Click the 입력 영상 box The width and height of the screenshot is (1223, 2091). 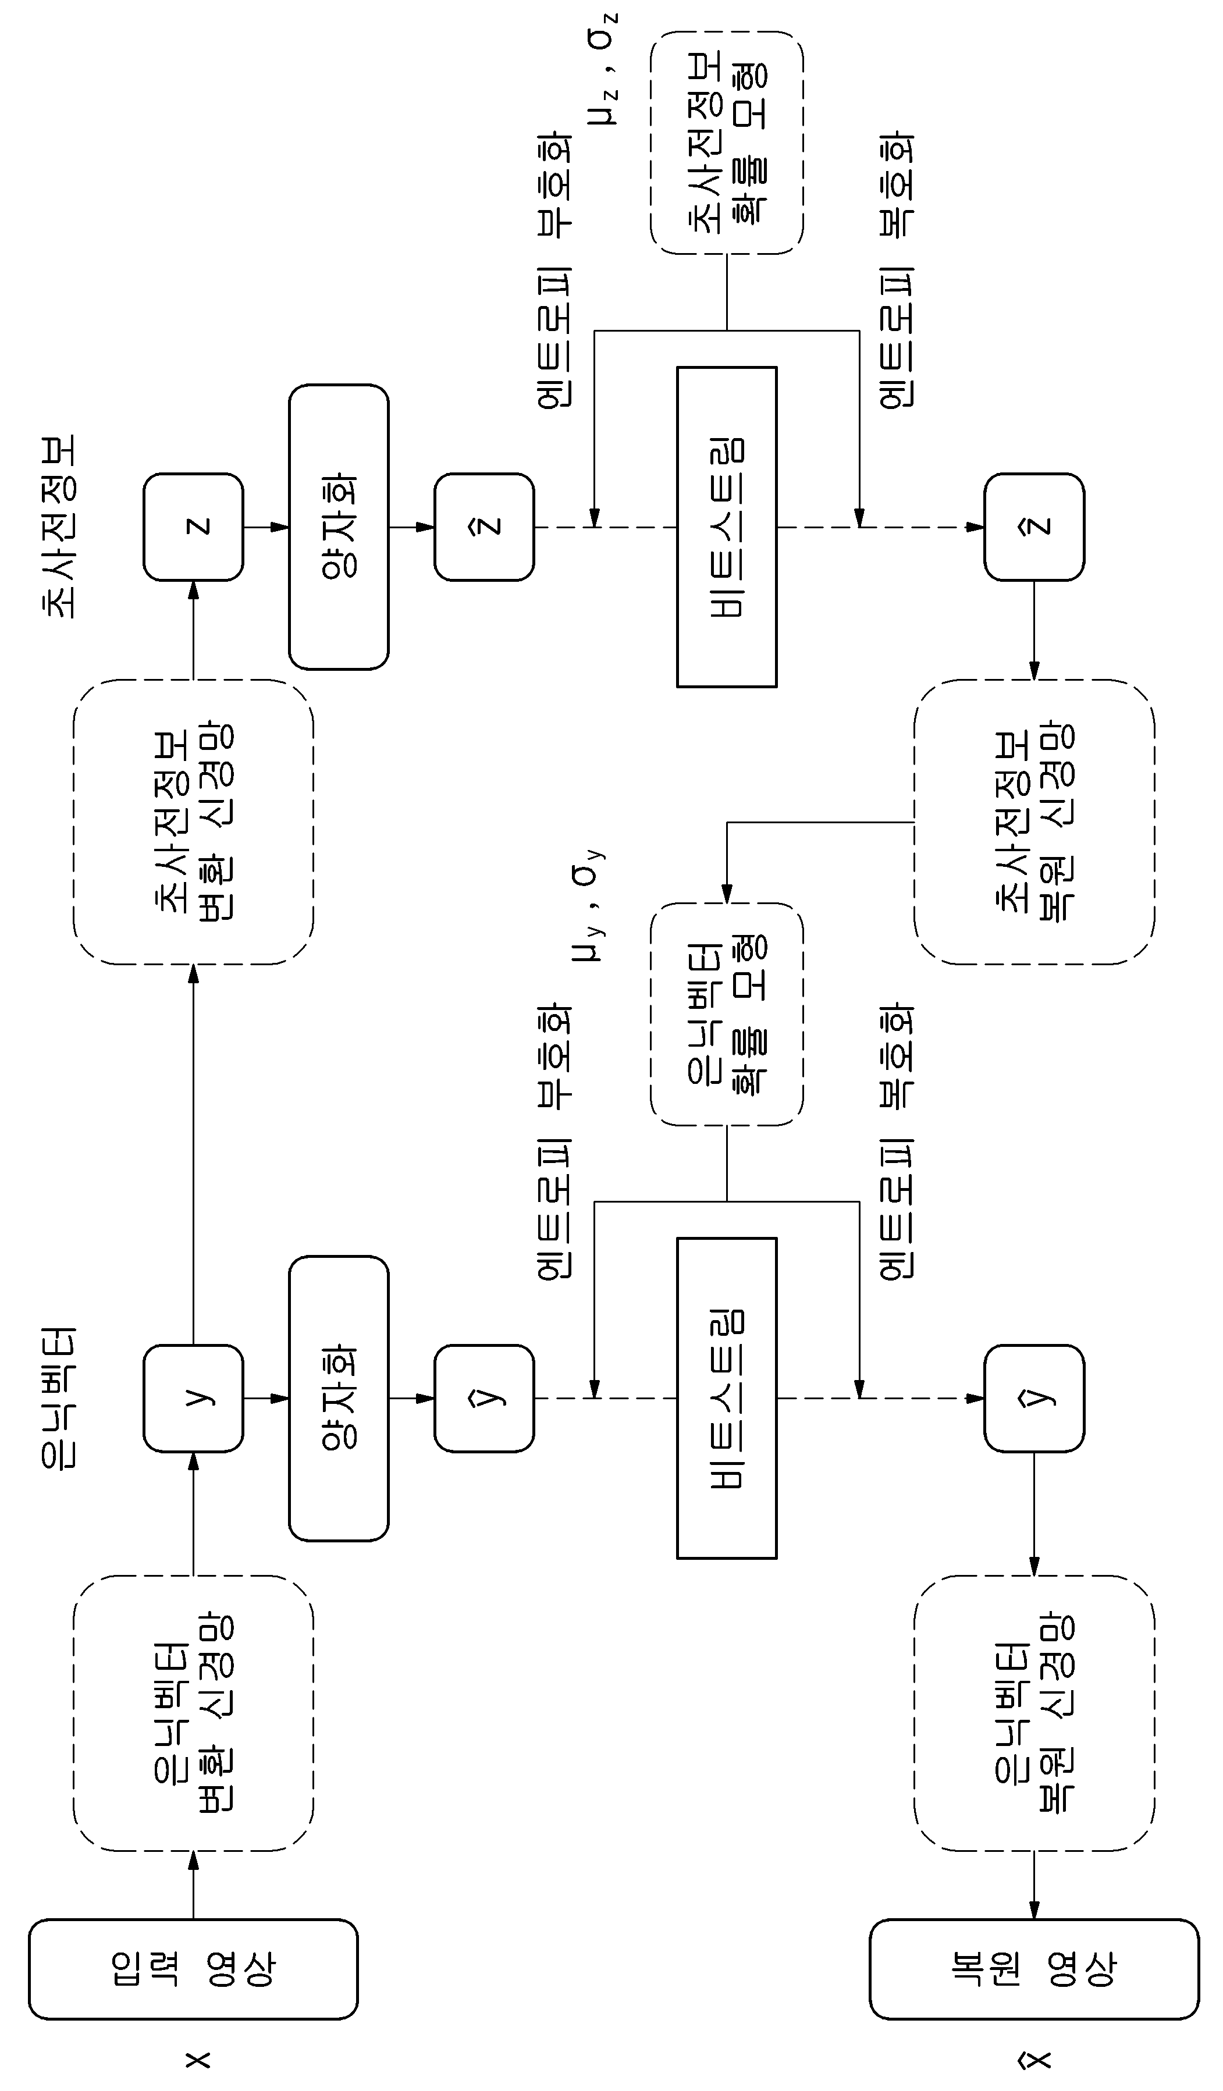point(193,1969)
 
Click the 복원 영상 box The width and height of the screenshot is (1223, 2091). point(1034,1969)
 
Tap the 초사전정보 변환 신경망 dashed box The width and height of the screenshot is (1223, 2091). point(193,822)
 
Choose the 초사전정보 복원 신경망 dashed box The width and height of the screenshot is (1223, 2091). point(1034,822)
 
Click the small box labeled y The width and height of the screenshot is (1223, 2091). point(193,1398)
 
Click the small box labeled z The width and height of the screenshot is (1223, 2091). point(193,527)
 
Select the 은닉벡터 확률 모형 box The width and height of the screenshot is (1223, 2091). point(727,1014)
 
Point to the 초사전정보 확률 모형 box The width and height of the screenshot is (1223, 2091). point(727,143)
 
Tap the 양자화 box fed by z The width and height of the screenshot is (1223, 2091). point(339,527)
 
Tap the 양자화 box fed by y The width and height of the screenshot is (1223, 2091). point(339,1398)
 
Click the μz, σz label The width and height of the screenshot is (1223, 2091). point(603,69)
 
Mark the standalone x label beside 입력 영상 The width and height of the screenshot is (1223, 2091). point(197,2060)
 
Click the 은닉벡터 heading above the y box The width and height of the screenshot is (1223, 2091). point(58,1398)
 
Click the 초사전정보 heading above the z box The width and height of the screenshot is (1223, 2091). point(58,527)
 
